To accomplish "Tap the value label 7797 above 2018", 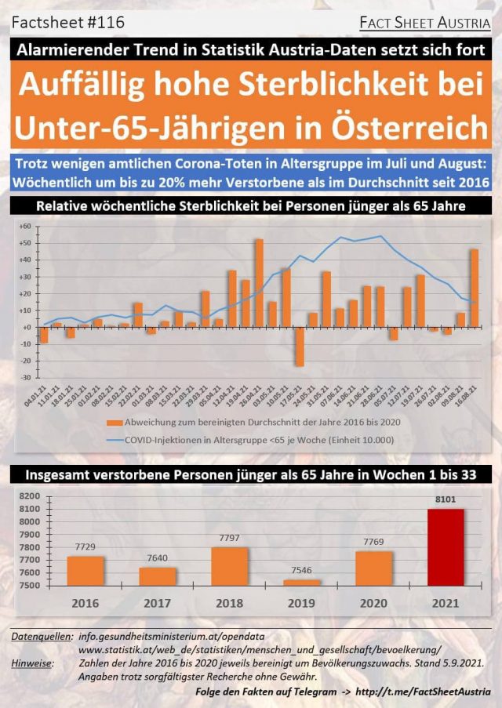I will coord(230,538).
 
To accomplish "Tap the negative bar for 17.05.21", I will coord(300,346).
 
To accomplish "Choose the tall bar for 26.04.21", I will coord(259,283).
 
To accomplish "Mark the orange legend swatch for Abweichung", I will coord(111,421).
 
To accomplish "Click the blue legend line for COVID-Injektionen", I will coord(111,439).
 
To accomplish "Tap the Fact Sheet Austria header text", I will coord(424,24).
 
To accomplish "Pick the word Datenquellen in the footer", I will coord(40,637).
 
